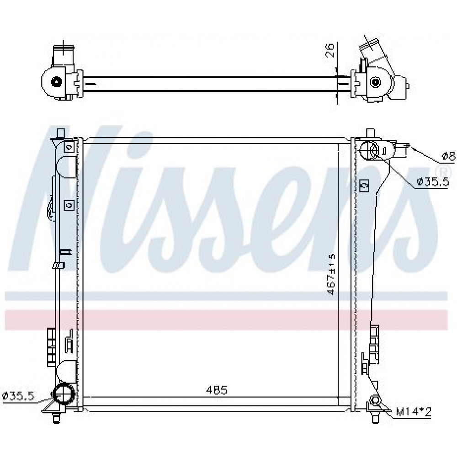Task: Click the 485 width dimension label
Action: click(216, 390)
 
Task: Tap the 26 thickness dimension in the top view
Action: click(329, 50)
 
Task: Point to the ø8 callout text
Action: click(448, 157)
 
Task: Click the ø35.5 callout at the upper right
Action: click(432, 182)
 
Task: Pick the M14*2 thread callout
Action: click(413, 412)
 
